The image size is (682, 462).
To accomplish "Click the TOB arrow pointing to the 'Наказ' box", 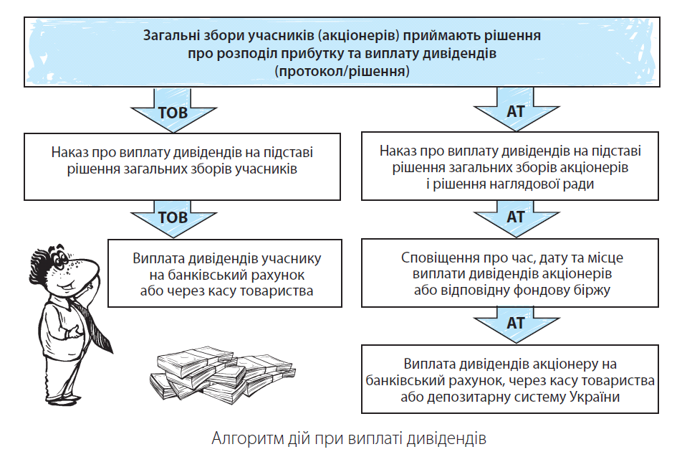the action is [x=173, y=110].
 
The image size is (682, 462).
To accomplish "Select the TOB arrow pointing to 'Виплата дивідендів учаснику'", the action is [x=173, y=217].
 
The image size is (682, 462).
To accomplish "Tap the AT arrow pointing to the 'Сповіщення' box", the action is [x=516, y=217].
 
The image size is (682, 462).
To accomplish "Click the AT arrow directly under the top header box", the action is [x=516, y=110].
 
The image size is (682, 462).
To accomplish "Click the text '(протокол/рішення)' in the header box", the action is [x=342, y=71].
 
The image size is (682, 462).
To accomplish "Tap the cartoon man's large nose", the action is [x=84, y=269].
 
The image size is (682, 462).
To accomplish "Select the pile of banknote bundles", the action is [x=222, y=374].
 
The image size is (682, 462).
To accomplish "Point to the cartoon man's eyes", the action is [x=60, y=259].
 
